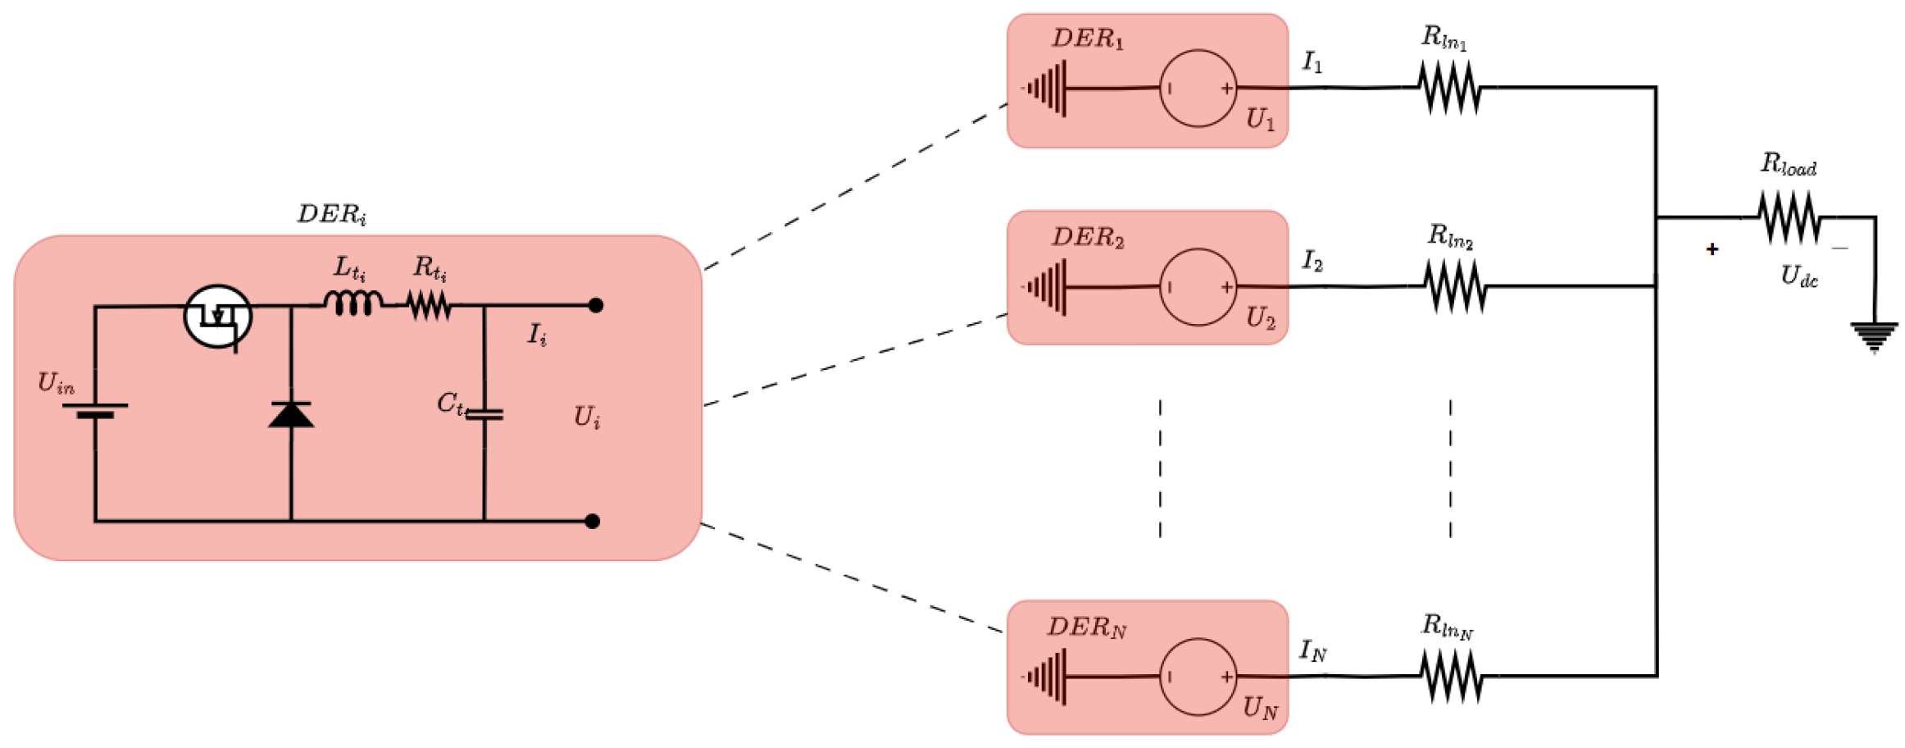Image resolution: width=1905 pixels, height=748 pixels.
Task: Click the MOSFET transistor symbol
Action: tap(217, 316)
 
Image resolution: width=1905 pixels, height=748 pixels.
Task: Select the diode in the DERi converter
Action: tap(291, 414)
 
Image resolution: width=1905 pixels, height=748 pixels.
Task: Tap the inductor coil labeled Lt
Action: tap(353, 303)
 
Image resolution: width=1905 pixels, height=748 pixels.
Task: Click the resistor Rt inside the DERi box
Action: tap(429, 306)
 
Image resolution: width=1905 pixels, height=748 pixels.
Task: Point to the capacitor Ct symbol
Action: tap(484, 415)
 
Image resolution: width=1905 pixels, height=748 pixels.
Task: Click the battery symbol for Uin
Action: tap(95, 410)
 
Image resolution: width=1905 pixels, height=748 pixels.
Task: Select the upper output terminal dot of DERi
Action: tap(596, 306)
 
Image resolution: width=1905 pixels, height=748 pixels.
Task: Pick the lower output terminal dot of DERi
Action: tap(593, 521)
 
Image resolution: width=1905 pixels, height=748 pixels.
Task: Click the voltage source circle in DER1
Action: tap(1198, 89)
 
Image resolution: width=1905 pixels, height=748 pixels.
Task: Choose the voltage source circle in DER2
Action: tap(1198, 287)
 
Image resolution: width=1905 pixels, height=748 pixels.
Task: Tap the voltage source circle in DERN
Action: tap(1198, 677)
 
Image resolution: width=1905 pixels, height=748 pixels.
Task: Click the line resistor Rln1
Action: tap(1449, 88)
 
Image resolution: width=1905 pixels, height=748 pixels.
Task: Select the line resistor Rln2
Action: tap(1454, 286)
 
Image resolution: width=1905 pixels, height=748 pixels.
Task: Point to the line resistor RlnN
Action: tap(1451, 677)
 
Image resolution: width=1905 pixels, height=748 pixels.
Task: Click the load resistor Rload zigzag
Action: tap(1789, 217)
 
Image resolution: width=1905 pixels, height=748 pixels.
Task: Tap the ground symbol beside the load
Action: tap(1874, 336)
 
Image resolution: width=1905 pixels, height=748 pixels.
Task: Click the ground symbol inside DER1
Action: tap(1046, 89)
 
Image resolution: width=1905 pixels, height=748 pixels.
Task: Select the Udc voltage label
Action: tap(1799, 276)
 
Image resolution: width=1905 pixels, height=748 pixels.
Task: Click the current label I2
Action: tap(1312, 262)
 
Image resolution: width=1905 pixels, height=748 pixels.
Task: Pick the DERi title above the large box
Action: tap(331, 214)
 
